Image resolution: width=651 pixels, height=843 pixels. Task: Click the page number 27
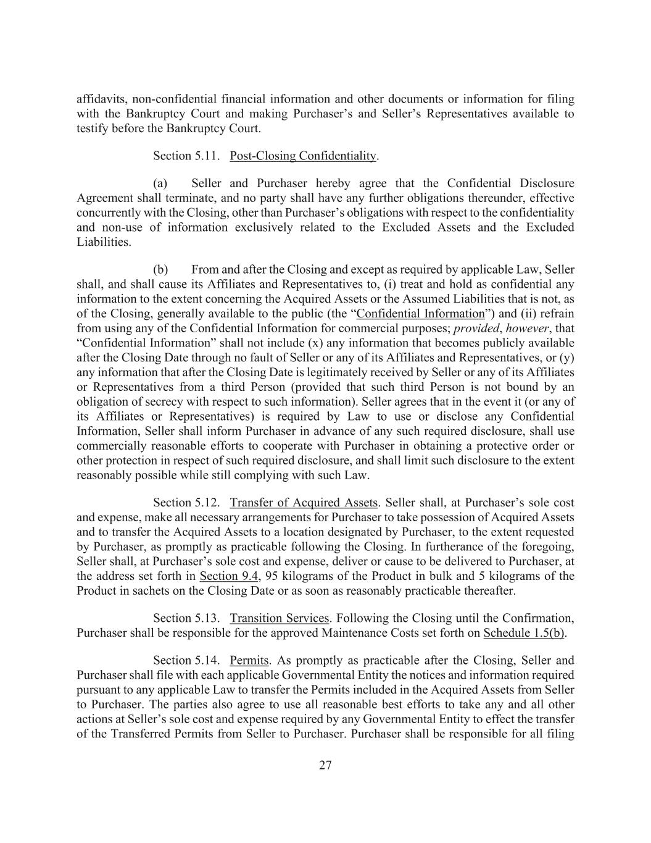click(325, 765)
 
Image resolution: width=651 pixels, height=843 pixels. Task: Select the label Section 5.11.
click(187, 156)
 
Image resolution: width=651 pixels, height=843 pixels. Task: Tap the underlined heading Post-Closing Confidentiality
click(302, 156)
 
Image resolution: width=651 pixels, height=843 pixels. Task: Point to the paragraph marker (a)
click(160, 183)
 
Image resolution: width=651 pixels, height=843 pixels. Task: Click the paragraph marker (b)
click(160, 270)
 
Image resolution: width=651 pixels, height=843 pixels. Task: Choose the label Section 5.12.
click(187, 503)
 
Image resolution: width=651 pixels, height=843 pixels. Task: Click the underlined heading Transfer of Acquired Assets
click(303, 503)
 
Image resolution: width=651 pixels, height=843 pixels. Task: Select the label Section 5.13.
click(187, 618)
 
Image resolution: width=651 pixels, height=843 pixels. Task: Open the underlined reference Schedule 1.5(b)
click(524, 633)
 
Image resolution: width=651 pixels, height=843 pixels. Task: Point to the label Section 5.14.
click(187, 660)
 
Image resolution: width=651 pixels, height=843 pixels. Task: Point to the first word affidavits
click(99, 99)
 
